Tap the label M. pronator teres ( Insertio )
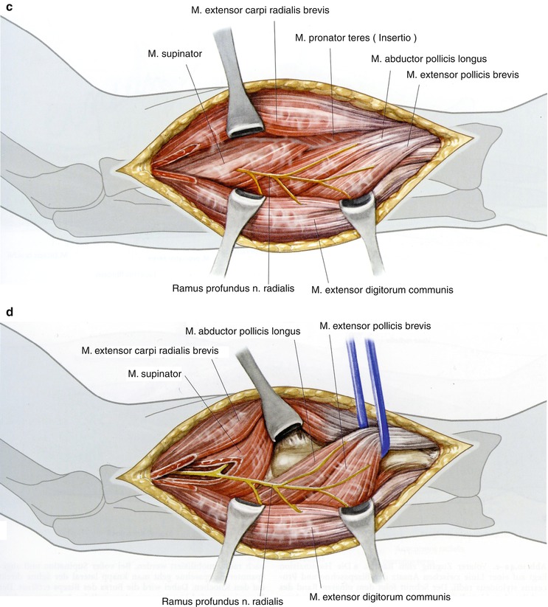pyautogui.click(x=356, y=36)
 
